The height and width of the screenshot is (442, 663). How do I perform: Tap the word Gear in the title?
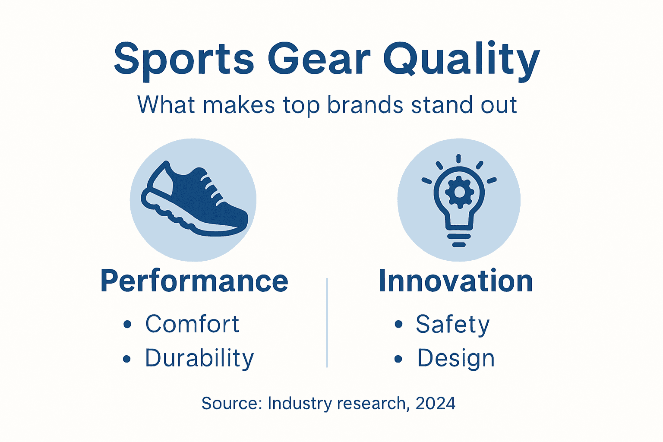pos(319,59)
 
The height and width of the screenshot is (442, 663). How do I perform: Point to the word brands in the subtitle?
pos(364,105)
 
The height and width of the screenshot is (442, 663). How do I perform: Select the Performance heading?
pos(194,281)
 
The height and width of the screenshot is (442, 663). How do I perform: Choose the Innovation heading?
pos(456,281)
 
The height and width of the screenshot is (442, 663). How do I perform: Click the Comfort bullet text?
pos(192,324)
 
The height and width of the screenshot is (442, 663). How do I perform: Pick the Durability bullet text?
pos(199,358)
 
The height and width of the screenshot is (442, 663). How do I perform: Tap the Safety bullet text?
pos(453,324)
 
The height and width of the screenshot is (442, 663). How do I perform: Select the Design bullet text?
pos(456,358)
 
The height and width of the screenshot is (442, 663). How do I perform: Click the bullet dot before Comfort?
pos(127,325)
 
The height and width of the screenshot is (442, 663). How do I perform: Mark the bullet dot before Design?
pos(398,359)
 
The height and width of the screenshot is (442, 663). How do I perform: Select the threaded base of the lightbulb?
pos(459,240)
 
